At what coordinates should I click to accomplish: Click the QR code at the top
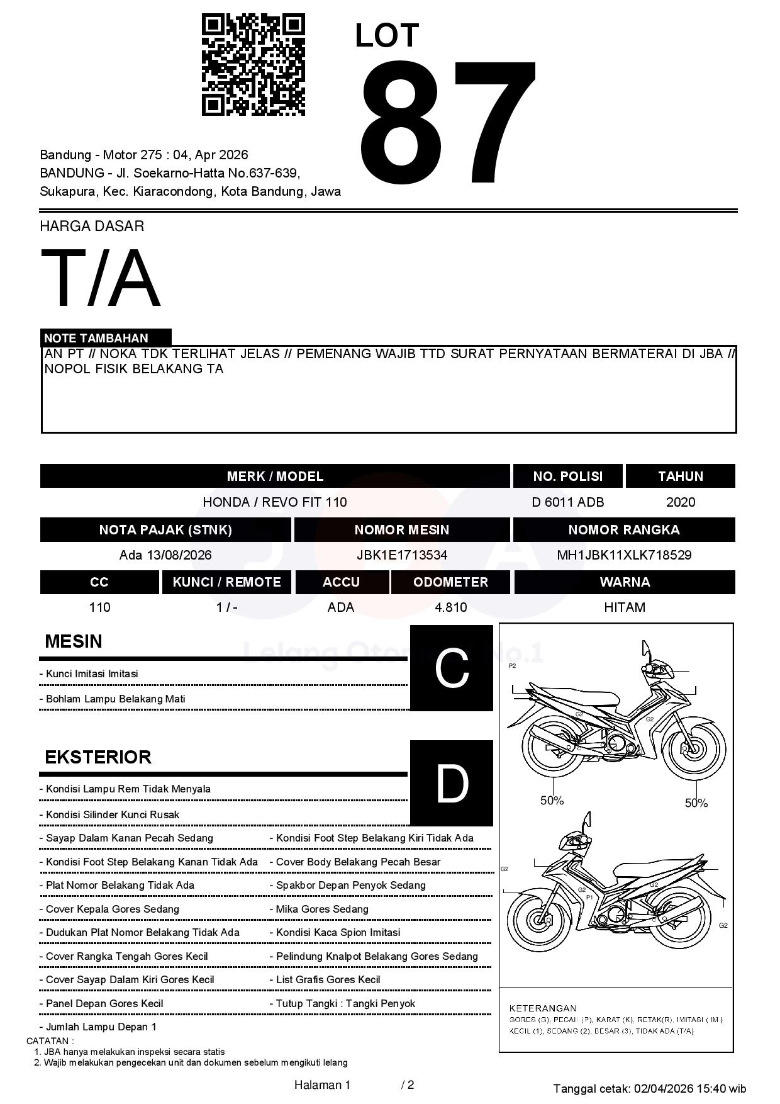point(253,65)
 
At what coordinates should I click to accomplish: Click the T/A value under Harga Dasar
point(101,278)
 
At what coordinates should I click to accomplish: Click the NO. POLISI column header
point(567,476)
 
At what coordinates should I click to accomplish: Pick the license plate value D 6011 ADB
point(567,502)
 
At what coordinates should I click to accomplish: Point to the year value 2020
point(680,502)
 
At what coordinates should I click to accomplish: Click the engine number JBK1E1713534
point(401,555)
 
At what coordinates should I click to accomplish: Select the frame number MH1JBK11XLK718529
point(623,555)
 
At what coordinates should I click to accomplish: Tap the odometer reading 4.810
point(450,607)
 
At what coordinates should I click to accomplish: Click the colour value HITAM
point(624,607)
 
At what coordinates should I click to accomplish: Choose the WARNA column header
point(624,582)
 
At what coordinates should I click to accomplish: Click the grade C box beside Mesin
point(451,668)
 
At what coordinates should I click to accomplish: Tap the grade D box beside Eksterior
point(451,784)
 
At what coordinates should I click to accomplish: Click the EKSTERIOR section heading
point(98,757)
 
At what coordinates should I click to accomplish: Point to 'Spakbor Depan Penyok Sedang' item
point(350,886)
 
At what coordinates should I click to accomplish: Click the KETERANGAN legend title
point(542,1008)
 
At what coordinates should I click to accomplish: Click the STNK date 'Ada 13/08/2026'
point(165,555)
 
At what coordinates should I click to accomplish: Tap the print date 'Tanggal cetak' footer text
point(649,1088)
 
